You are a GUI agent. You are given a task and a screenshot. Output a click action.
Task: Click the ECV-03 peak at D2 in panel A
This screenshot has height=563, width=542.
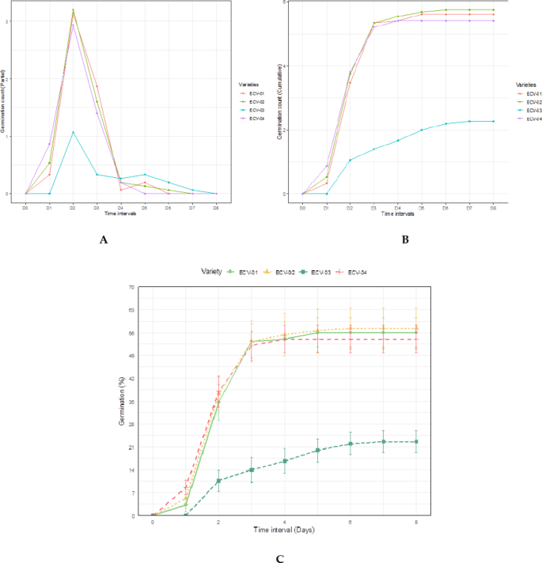pyautogui.click(x=73, y=132)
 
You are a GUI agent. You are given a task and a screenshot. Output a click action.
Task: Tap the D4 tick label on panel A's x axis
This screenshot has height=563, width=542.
pyautogui.click(x=120, y=207)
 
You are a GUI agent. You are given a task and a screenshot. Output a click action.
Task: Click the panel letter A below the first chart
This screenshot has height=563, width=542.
pyautogui.click(x=103, y=240)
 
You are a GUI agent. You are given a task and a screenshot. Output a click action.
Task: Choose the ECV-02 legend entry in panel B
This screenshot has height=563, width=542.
pyautogui.click(x=532, y=101)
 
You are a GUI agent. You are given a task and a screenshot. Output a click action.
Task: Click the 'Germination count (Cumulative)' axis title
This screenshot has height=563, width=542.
pyautogui.click(x=279, y=99)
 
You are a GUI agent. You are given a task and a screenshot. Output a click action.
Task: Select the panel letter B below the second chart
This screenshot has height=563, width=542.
pyautogui.click(x=404, y=240)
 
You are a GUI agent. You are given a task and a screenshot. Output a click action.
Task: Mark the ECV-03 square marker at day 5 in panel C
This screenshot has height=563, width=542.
pyautogui.click(x=317, y=450)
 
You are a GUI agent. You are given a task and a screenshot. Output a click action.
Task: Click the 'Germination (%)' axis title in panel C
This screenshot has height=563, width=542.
pyautogui.click(x=123, y=401)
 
